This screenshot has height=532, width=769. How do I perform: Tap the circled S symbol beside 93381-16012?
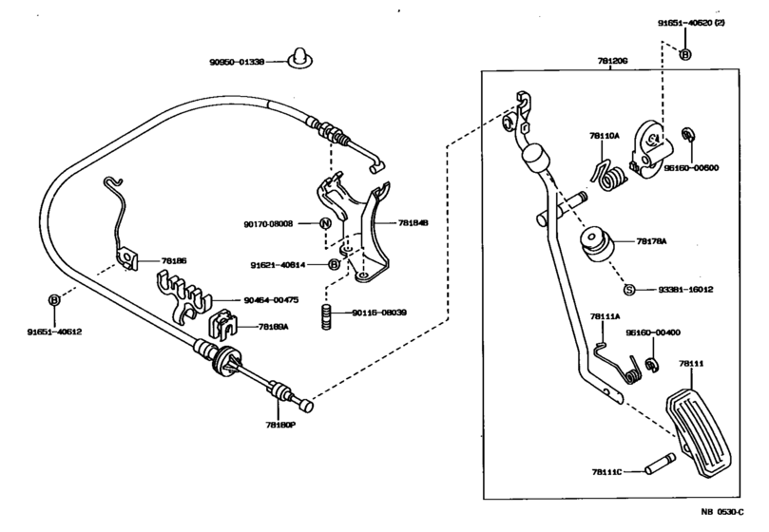pyautogui.click(x=628, y=289)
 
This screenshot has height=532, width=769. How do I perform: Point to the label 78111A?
pyautogui.click(x=605, y=316)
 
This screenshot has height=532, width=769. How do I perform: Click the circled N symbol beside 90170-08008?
pyautogui.click(x=325, y=224)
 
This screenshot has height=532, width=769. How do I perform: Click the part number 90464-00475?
pyautogui.click(x=271, y=299)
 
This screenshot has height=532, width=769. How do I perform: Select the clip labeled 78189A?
pyautogui.click(x=224, y=326)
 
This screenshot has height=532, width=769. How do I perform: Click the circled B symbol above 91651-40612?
pyautogui.click(x=54, y=300)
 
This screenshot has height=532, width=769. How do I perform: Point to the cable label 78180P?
pyautogui.click(x=281, y=427)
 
